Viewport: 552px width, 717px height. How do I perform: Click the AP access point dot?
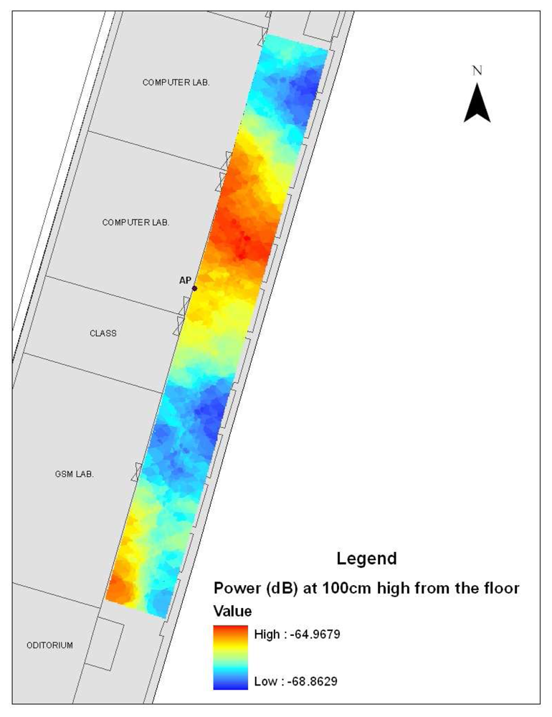(194, 288)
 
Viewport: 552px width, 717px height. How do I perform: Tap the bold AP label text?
(184, 281)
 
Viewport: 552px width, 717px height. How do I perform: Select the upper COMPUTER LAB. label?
(176, 82)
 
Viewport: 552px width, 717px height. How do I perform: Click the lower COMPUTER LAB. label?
(135, 222)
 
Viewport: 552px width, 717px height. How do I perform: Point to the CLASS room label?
(103, 333)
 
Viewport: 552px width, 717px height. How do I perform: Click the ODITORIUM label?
(49, 645)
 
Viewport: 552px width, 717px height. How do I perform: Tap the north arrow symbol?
(477, 104)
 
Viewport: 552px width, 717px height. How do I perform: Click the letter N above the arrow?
(477, 70)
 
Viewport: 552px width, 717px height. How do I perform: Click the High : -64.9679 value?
(295, 634)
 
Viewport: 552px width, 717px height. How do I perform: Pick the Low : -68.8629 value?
(295, 680)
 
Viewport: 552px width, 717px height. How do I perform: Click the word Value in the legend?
(232, 612)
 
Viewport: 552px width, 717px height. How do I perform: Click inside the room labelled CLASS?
(108, 351)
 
